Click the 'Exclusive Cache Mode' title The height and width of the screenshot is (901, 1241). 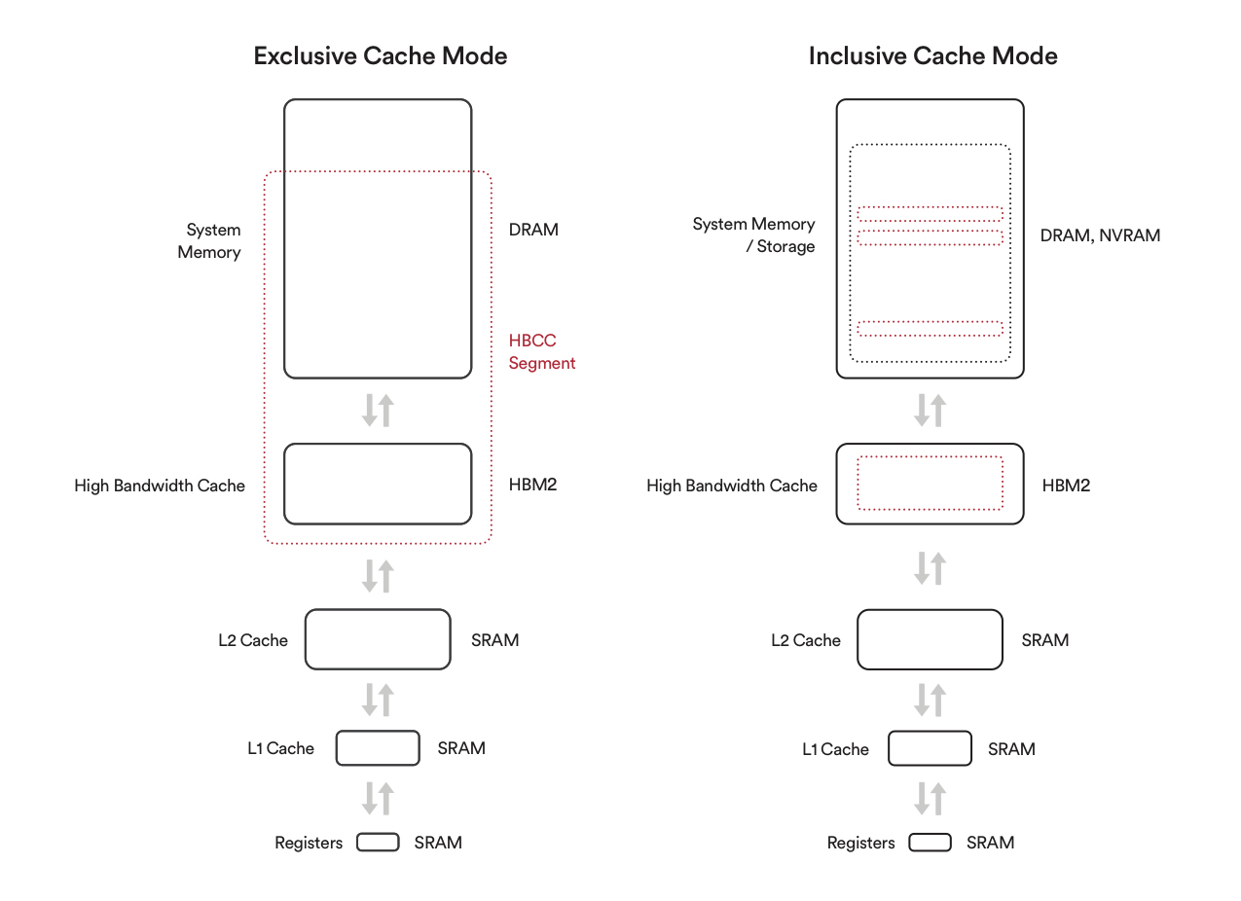pos(380,55)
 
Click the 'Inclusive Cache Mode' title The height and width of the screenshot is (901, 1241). pos(933,55)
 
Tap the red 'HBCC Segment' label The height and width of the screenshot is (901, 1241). pos(541,351)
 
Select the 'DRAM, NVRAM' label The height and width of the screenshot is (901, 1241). pos(1100,235)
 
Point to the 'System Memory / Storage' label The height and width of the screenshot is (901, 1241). pos(753,234)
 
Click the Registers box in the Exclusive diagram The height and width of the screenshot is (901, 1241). pos(378,843)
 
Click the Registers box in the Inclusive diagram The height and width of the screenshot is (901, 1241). pos(930,843)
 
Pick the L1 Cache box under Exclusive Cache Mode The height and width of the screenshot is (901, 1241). pos(378,748)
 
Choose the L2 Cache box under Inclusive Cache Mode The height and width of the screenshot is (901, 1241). pos(930,639)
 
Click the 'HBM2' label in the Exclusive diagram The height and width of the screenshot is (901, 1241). pos(532,485)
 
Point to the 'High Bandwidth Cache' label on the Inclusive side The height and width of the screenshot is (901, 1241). pos(731,486)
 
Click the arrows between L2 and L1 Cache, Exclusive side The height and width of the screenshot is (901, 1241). pos(378,700)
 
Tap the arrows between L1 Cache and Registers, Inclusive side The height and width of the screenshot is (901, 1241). pos(930,798)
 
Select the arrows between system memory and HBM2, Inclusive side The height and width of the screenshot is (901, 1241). pos(930,411)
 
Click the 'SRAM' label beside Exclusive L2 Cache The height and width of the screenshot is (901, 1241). pos(494,640)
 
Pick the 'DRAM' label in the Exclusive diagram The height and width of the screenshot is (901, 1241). pos(533,230)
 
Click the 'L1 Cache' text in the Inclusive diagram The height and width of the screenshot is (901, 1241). pos(835,749)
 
